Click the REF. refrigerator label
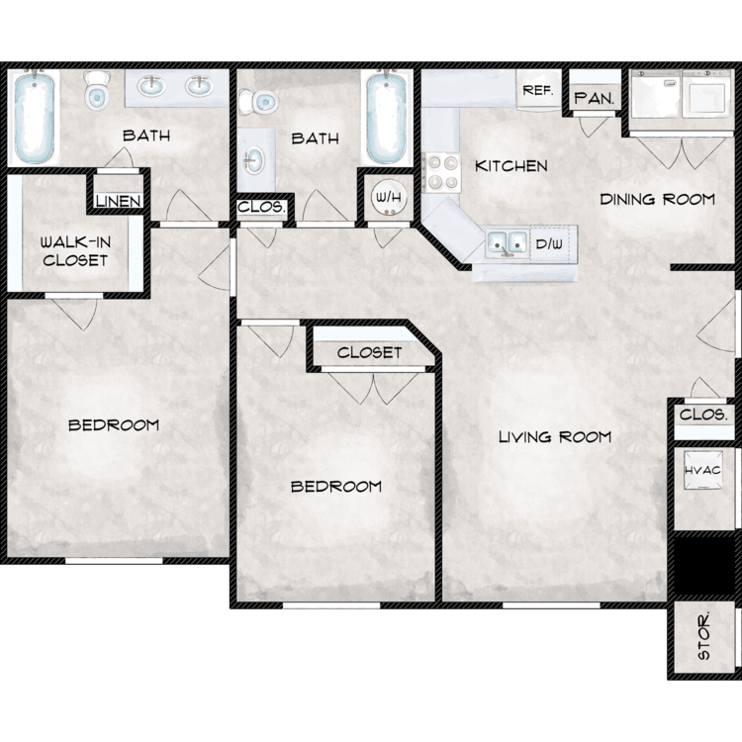pyautogui.click(x=538, y=90)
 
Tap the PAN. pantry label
pyautogui.click(x=594, y=98)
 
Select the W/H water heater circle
pyautogui.click(x=389, y=197)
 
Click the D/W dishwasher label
pyautogui.click(x=549, y=244)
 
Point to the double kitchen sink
pyautogui.click(x=508, y=244)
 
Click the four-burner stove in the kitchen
pyautogui.click(x=442, y=172)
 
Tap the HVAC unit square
pyautogui.click(x=702, y=470)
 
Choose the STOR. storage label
pyautogui.click(x=704, y=635)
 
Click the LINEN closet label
pyautogui.click(x=119, y=201)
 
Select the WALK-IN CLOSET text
pyautogui.click(x=75, y=251)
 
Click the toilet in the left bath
pyautogui.click(x=97, y=90)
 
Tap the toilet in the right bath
pyautogui.click(x=258, y=101)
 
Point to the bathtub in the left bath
pyautogui.click(x=34, y=117)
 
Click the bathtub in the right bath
pyautogui.click(x=387, y=117)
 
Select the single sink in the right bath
pyautogui.click(x=254, y=160)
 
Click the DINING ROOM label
pyautogui.click(x=657, y=199)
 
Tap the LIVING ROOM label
pyautogui.click(x=555, y=436)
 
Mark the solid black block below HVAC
pyautogui.click(x=704, y=565)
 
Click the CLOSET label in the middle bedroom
pyautogui.click(x=370, y=352)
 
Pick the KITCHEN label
pyautogui.click(x=511, y=165)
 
